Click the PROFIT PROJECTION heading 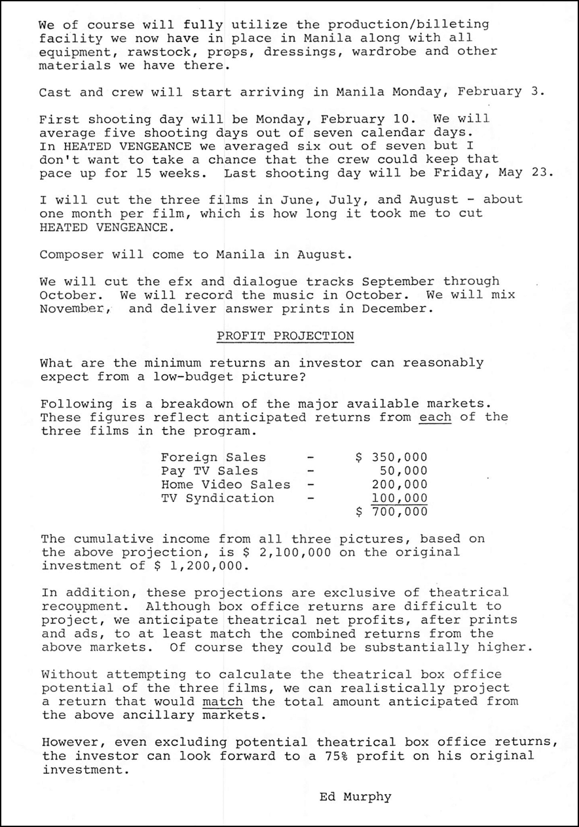pyautogui.click(x=285, y=336)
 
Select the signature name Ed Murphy pyautogui.click(x=356, y=797)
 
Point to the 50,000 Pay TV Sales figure pyautogui.click(x=403, y=471)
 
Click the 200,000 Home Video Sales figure pyautogui.click(x=399, y=484)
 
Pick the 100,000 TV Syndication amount pyautogui.click(x=399, y=498)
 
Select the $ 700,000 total pyautogui.click(x=392, y=512)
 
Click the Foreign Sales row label pyautogui.click(x=214, y=457)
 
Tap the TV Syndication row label pyautogui.click(x=217, y=498)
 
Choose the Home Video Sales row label pyautogui.click(x=225, y=484)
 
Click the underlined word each pyautogui.click(x=436, y=417)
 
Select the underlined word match pyautogui.click(x=223, y=701)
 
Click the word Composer pyautogui.click(x=68, y=254)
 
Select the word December pyautogui.click(x=400, y=308)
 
